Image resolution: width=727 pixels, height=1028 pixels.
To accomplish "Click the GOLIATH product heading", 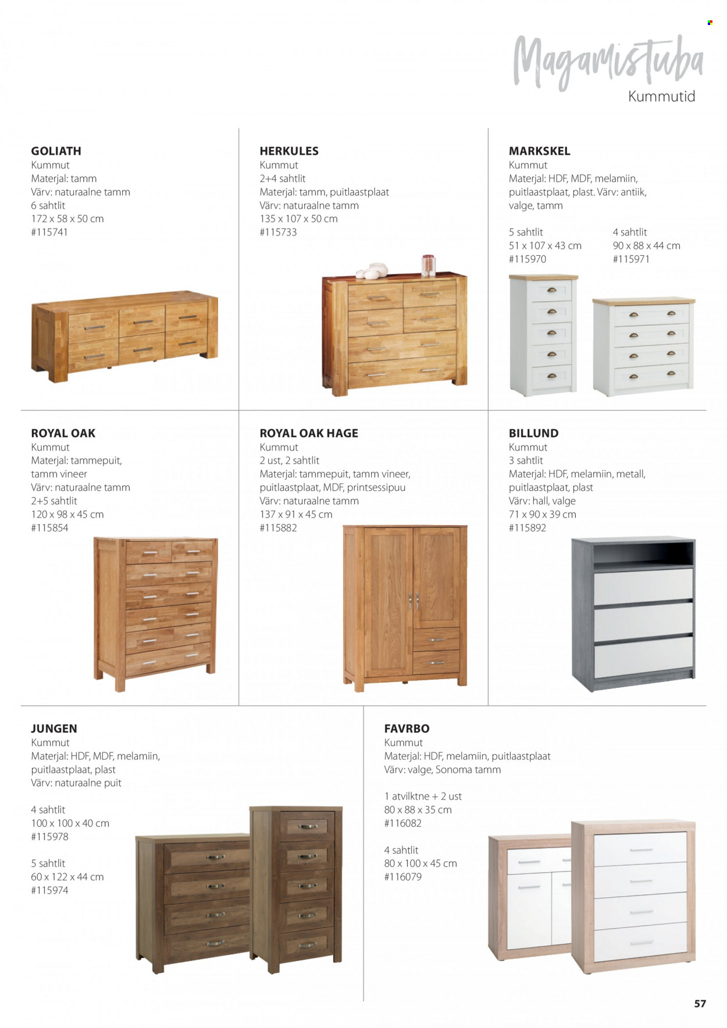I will pyautogui.click(x=56, y=151).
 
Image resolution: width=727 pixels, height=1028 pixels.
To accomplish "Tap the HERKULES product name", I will pyautogui.click(x=289, y=151).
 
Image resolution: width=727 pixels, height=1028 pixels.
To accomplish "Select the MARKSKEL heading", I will pyautogui.click(x=539, y=151).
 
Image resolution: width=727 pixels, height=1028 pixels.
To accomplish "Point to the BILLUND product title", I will pyautogui.click(x=533, y=433).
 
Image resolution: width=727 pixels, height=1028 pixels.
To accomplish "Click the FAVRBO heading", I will pyautogui.click(x=407, y=729).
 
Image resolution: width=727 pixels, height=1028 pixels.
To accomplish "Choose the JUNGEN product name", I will pyautogui.click(x=54, y=729).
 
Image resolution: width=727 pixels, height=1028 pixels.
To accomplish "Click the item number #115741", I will pyautogui.click(x=49, y=232).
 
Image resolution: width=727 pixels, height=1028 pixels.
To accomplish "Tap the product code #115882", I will pyautogui.click(x=278, y=528).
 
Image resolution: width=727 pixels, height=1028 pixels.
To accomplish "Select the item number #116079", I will pyautogui.click(x=402, y=877).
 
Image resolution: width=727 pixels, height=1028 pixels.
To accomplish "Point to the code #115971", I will pyautogui.click(x=631, y=259).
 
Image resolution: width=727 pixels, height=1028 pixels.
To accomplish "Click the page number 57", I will pyautogui.click(x=700, y=1004).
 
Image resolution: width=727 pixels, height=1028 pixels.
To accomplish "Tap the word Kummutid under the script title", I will pyautogui.click(x=661, y=97).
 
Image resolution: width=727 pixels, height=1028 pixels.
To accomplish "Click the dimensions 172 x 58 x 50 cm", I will pyautogui.click(x=67, y=219).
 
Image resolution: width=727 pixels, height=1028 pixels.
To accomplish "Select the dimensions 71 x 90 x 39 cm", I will pyautogui.click(x=542, y=515).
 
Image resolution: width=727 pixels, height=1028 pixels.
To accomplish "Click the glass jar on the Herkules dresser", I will pyautogui.click(x=429, y=265).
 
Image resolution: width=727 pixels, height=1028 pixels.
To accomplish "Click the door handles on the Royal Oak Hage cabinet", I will pyautogui.click(x=414, y=601).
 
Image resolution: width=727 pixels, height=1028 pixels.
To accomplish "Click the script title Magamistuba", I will pyautogui.click(x=608, y=62).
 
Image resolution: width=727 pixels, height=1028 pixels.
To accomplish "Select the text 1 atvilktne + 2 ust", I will pyautogui.click(x=423, y=797).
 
